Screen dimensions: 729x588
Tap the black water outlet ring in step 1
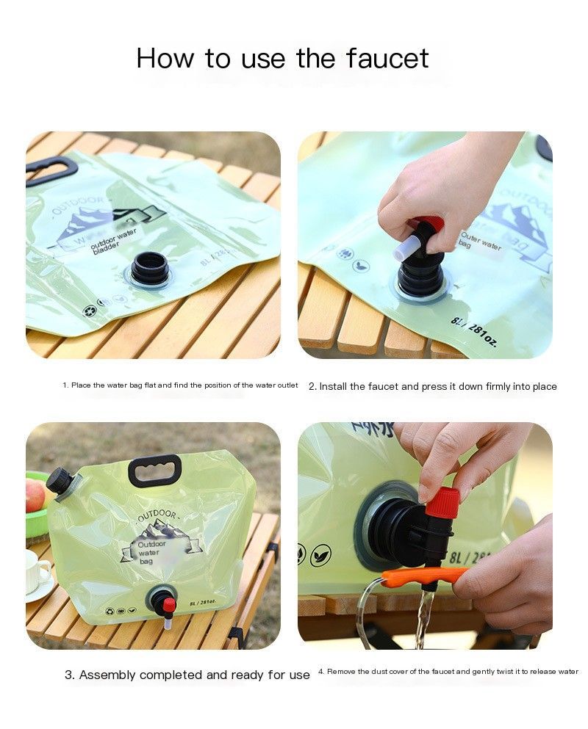pos(150,268)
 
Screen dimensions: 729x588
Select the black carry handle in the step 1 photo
pos(52,171)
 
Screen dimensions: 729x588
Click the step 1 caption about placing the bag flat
pos(180,385)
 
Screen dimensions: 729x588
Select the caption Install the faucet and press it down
pos(432,386)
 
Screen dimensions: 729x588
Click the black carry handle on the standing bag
pos(154,470)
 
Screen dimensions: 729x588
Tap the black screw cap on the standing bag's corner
pos(58,480)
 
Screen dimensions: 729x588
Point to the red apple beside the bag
pos(35,496)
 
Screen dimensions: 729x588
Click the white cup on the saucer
pos(37,571)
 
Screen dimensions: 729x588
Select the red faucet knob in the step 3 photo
pos(169,605)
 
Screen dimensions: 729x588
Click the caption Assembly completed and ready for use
pos(187,675)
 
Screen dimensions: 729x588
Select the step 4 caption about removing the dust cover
pos(448,672)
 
